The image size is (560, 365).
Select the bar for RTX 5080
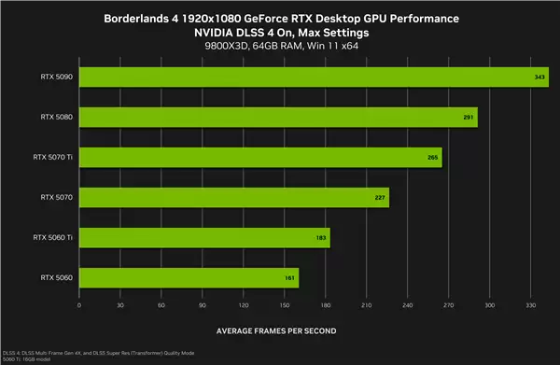click(x=278, y=116)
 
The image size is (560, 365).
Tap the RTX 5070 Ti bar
click(x=260, y=157)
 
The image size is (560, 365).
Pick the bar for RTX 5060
click(x=189, y=277)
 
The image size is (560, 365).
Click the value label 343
click(x=540, y=77)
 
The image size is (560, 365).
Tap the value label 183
click(x=321, y=238)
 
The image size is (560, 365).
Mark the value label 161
click(x=290, y=278)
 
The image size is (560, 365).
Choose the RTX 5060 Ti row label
click(x=53, y=237)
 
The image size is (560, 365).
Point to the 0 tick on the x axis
click(x=79, y=304)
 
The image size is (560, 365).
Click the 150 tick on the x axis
click(x=285, y=304)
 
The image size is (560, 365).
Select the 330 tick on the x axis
click(x=530, y=304)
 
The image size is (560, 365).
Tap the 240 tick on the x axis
click(x=407, y=304)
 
